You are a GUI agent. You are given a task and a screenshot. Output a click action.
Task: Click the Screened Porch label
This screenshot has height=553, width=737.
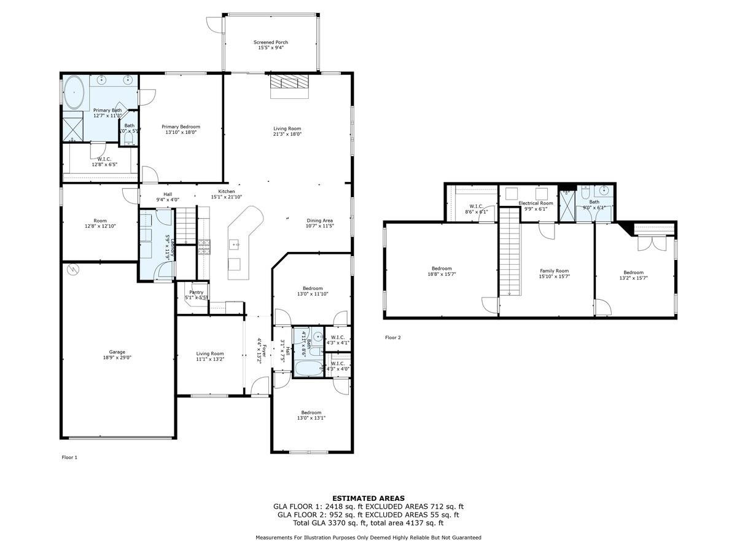(271, 42)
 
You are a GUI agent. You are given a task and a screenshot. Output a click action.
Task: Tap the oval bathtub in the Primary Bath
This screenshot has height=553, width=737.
(75, 93)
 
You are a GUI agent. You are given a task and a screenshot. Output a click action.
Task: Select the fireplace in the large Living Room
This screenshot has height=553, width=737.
(289, 84)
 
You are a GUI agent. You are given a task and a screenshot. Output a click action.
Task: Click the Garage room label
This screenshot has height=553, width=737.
(117, 352)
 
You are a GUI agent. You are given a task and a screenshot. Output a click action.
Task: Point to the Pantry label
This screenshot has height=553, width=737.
(197, 292)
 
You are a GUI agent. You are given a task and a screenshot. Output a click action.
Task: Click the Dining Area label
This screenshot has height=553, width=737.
(319, 221)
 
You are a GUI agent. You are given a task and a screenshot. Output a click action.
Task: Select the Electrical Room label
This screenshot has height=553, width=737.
(536, 203)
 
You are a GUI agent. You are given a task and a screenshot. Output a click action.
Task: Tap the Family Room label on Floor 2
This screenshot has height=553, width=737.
(554, 271)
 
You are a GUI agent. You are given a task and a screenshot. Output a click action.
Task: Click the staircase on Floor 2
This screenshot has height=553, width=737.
(509, 252)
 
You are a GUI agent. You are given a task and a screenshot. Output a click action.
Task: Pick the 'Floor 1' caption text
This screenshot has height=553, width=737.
(70, 457)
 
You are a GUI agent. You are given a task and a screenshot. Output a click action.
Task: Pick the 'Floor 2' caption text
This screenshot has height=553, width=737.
(392, 337)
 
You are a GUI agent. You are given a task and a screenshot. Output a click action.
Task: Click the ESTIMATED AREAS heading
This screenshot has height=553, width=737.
(368, 498)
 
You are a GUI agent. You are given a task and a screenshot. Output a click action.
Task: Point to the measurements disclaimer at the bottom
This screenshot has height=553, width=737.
(368, 538)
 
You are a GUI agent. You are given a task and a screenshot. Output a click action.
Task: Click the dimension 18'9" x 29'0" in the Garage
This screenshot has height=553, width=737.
(117, 358)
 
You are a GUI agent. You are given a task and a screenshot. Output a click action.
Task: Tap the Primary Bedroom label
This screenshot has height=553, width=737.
(181, 127)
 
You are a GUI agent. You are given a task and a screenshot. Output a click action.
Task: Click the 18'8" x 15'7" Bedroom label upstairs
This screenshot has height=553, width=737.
(442, 271)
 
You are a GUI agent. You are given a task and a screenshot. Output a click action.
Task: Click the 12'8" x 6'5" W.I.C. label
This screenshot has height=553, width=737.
(103, 162)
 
